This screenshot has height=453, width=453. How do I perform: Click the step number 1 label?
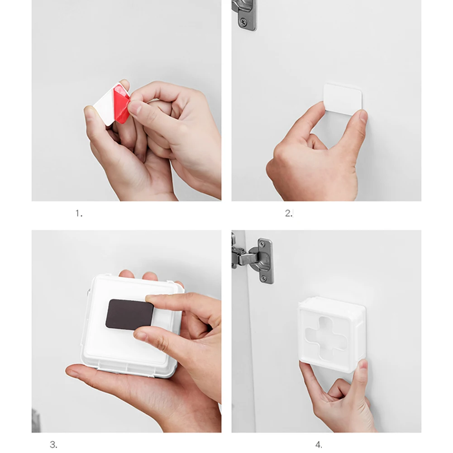pyautogui.click(x=79, y=214)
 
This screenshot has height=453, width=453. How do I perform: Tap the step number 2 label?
pyautogui.click(x=288, y=213)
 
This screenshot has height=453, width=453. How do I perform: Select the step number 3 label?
pyautogui.click(x=53, y=444)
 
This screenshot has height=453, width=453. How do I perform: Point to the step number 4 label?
pyautogui.click(x=319, y=444)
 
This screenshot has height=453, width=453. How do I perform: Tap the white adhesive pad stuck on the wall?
pyautogui.click(x=343, y=99)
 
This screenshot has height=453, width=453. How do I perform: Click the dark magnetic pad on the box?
pyautogui.click(x=129, y=315)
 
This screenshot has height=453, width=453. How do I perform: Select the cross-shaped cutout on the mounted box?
pyautogui.click(x=325, y=336)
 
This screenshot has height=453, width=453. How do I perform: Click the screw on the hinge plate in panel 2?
pyautogui.click(x=243, y=21)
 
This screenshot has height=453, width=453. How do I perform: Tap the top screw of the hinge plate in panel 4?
pyautogui.click(x=262, y=244)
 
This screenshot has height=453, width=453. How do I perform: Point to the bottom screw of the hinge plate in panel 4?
pyautogui.click(x=263, y=278)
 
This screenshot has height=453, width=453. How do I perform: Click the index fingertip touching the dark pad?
pyautogui.click(x=150, y=299)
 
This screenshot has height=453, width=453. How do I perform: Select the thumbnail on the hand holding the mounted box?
pyautogui.click(x=363, y=365)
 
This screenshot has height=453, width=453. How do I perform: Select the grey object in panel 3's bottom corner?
pyautogui.click(x=36, y=421)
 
